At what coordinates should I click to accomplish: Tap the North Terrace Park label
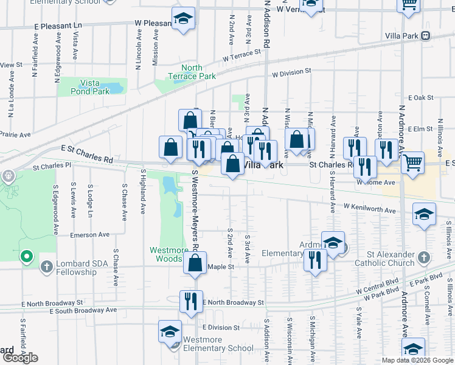pos(199,72)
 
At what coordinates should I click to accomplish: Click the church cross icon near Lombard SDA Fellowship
pos(46,266)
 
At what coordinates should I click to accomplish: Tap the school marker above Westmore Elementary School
pos(170,332)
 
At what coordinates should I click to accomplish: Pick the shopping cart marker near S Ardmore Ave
pos(413,163)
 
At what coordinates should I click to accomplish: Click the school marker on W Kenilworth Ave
pos(424,214)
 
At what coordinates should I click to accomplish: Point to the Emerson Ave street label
pos(89,234)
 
